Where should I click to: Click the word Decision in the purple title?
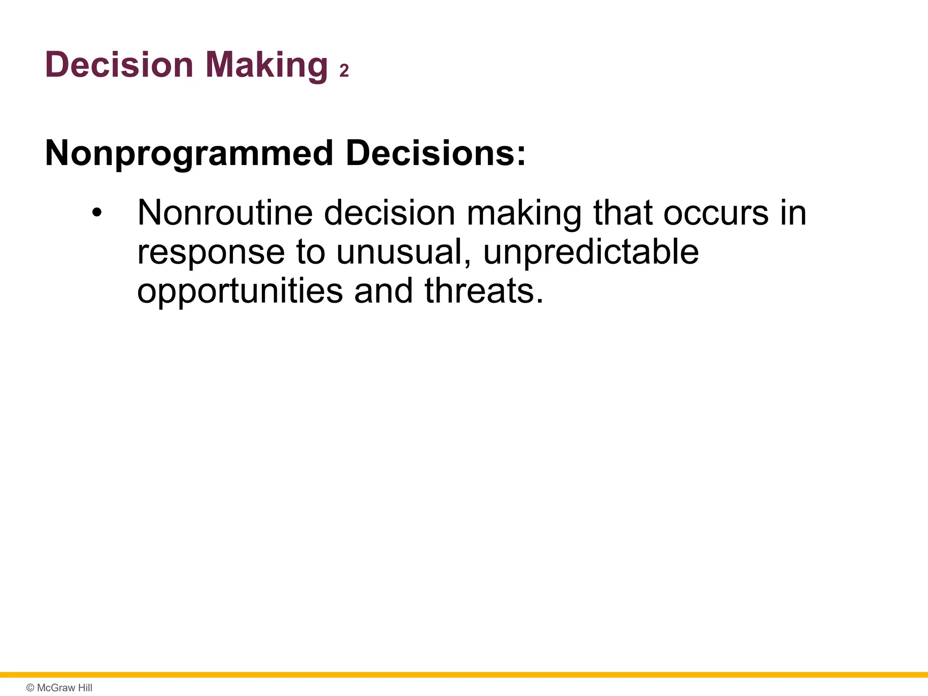(119, 65)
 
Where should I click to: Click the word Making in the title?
(266, 65)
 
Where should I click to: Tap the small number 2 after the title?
(344, 71)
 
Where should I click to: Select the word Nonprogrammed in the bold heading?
(189, 153)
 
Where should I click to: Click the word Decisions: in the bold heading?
(435, 153)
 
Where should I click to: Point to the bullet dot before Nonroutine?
(97, 213)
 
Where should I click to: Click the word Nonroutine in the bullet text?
(225, 213)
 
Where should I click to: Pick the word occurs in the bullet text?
(716, 213)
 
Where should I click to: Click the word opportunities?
(240, 291)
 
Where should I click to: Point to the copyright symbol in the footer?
(30, 688)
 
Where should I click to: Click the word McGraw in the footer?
(56, 688)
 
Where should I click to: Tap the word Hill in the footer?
(85, 688)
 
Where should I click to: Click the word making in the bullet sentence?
(524, 213)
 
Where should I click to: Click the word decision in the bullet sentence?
(389, 213)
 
